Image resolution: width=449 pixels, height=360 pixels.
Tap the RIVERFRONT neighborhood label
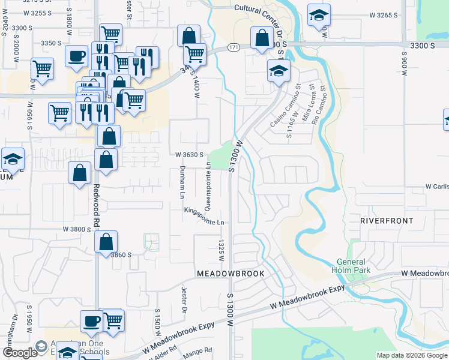[387, 221]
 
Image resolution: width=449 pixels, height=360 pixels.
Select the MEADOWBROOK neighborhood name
[231, 273]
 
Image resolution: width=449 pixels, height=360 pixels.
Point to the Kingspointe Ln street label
[204, 216]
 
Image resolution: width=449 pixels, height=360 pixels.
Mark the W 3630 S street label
[193, 154]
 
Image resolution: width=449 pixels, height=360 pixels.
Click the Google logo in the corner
[19, 353]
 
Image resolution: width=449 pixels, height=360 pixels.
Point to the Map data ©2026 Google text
[411, 355]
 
